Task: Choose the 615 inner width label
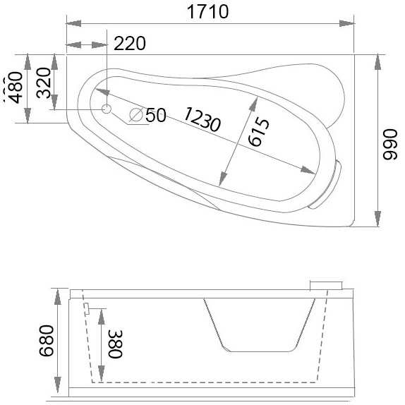[257, 132]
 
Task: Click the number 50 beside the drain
[156, 114]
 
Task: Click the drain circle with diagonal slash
[136, 114]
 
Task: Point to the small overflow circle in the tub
[107, 109]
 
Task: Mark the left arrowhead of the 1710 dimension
[71, 24]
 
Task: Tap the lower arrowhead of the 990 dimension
[377, 220]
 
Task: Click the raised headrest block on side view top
[325, 284]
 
